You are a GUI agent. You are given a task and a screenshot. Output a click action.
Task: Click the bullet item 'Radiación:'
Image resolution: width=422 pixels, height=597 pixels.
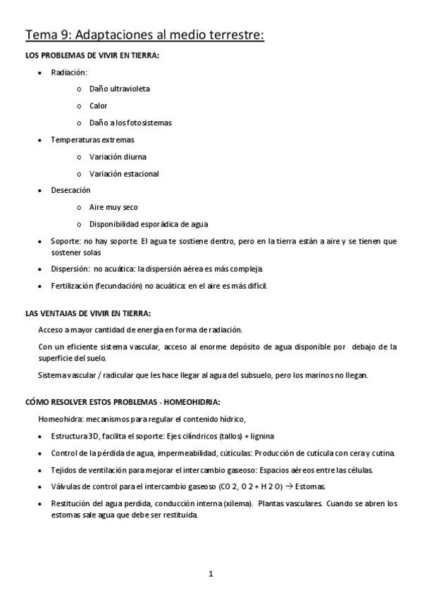(69, 72)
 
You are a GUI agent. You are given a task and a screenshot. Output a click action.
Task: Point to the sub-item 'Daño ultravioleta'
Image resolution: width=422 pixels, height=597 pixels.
(119, 89)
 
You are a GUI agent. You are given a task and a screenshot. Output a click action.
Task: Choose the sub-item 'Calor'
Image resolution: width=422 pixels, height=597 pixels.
(98, 106)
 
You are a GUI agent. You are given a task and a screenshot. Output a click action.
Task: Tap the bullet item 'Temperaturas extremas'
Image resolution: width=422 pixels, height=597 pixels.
(92, 139)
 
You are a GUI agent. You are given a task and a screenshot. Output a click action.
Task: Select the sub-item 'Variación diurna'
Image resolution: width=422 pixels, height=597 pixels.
(118, 156)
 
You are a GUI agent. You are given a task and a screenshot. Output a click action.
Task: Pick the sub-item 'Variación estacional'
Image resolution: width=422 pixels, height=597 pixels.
(124, 173)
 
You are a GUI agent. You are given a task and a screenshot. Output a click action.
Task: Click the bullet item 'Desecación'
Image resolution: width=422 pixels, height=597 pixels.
(70, 190)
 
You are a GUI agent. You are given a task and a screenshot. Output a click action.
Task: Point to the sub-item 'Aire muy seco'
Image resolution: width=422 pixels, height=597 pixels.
(113, 207)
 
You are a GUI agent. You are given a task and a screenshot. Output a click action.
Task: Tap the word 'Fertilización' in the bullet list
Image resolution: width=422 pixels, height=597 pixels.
(73, 285)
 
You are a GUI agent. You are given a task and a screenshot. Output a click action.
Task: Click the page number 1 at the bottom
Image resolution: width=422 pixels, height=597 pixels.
(211, 574)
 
